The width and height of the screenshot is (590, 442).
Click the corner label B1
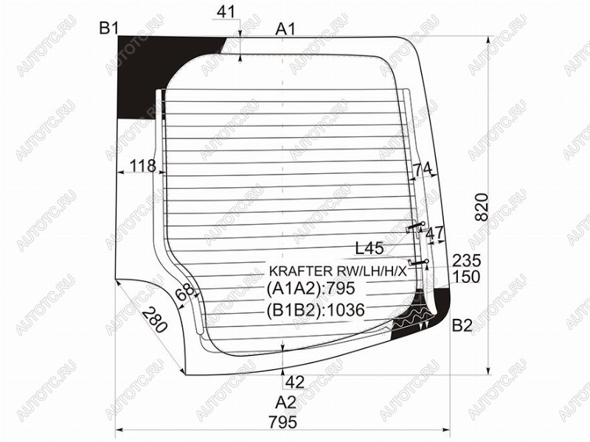click(x=109, y=28)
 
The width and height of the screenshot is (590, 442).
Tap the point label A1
click(x=285, y=29)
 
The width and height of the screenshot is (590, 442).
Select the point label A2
click(x=285, y=402)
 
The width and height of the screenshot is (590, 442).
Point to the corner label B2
click(x=462, y=326)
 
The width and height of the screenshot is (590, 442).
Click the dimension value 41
click(x=226, y=12)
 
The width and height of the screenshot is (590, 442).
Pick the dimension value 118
click(x=142, y=166)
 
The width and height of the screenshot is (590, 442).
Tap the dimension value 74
click(x=423, y=170)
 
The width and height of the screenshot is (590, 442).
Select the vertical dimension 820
click(x=482, y=207)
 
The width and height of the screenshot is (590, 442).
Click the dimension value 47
click(x=435, y=234)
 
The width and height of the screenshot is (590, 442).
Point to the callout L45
click(x=369, y=248)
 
